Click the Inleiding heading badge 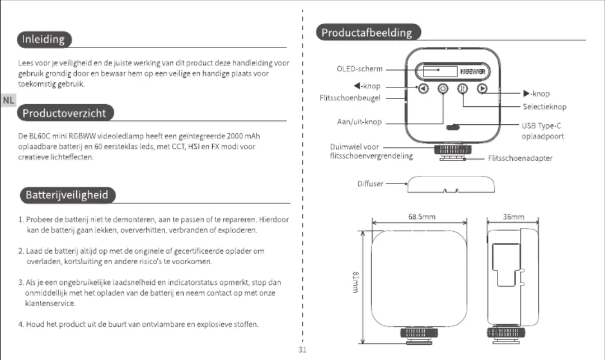tap(44, 39)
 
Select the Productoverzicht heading tap(65, 113)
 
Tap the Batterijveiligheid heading tap(68, 195)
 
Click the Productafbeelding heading tap(368, 32)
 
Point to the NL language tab tap(8, 100)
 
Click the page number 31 tap(302, 349)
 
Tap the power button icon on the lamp tap(443, 89)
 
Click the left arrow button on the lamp tap(423, 89)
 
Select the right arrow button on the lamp tap(482, 89)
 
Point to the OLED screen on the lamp tap(440, 71)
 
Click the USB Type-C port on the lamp tap(453, 127)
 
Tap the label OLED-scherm tap(360, 69)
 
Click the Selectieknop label tap(545, 106)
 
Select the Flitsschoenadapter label tap(520, 158)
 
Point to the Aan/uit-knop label tap(359, 122)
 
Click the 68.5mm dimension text tap(422, 217)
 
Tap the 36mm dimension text tap(514, 217)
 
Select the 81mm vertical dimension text tap(356, 282)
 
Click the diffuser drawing tap(451, 184)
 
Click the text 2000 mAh tap(243, 136)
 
